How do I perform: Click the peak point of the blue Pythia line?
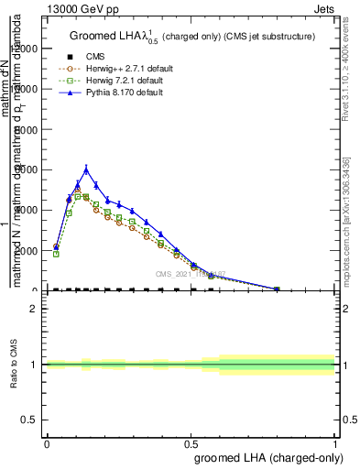point(86,169)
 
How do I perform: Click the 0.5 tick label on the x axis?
point(191,443)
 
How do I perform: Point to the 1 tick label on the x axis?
point(334,443)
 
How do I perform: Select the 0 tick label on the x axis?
point(47,443)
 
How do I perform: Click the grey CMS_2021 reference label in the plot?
point(191,274)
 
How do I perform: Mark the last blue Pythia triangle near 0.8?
point(277,289)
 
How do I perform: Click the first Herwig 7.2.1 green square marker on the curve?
point(56,254)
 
